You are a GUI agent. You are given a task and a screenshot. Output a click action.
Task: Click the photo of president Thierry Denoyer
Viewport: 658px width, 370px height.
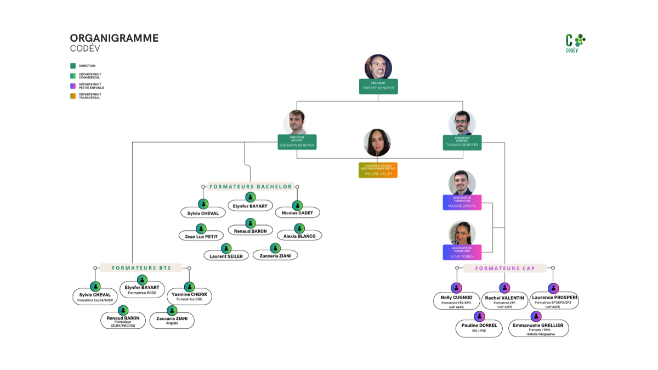[x=378, y=67]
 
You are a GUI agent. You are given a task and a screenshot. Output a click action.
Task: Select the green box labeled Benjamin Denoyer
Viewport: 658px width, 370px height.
[x=297, y=142]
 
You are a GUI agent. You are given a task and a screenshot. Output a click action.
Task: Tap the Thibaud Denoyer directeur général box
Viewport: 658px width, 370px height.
[x=462, y=142]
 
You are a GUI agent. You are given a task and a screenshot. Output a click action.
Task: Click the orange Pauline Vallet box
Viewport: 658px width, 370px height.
[x=378, y=170]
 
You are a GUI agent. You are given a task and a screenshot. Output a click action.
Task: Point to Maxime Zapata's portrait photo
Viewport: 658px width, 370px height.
[x=462, y=183]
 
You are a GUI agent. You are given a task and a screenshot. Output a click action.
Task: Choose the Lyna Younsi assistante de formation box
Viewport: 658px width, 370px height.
[x=462, y=253]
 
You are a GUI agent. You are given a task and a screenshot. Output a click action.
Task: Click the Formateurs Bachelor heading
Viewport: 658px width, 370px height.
[x=251, y=187]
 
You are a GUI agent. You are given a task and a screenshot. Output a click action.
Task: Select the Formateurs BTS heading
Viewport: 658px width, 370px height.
[x=141, y=268]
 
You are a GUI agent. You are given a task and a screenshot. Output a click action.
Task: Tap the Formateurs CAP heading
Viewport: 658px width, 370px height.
[x=505, y=268]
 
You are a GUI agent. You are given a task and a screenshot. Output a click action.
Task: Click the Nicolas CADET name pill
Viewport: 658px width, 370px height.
[x=297, y=212]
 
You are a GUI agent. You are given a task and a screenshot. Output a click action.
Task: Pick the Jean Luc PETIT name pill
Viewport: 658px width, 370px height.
[x=201, y=236]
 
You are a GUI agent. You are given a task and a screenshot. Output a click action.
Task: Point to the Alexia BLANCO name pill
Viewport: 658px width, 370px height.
[x=299, y=236]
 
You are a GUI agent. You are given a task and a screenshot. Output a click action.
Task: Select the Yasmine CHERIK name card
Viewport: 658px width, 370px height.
[x=189, y=296]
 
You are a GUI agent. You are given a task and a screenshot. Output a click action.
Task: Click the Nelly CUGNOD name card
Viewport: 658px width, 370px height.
[x=457, y=301]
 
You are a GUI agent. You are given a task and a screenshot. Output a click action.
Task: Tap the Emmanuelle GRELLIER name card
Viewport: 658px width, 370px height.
[x=538, y=328]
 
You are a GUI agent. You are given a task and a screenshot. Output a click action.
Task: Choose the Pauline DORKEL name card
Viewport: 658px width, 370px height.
[x=479, y=328]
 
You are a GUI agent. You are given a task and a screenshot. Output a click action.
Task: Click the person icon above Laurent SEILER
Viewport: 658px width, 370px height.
[x=226, y=248]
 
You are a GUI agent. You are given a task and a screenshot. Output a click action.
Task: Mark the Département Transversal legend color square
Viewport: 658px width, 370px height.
[x=73, y=96]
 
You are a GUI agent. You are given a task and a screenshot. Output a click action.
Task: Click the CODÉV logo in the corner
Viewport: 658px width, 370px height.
[x=575, y=43]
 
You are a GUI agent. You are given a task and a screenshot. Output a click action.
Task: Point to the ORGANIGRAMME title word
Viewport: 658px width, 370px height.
[x=114, y=38]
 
